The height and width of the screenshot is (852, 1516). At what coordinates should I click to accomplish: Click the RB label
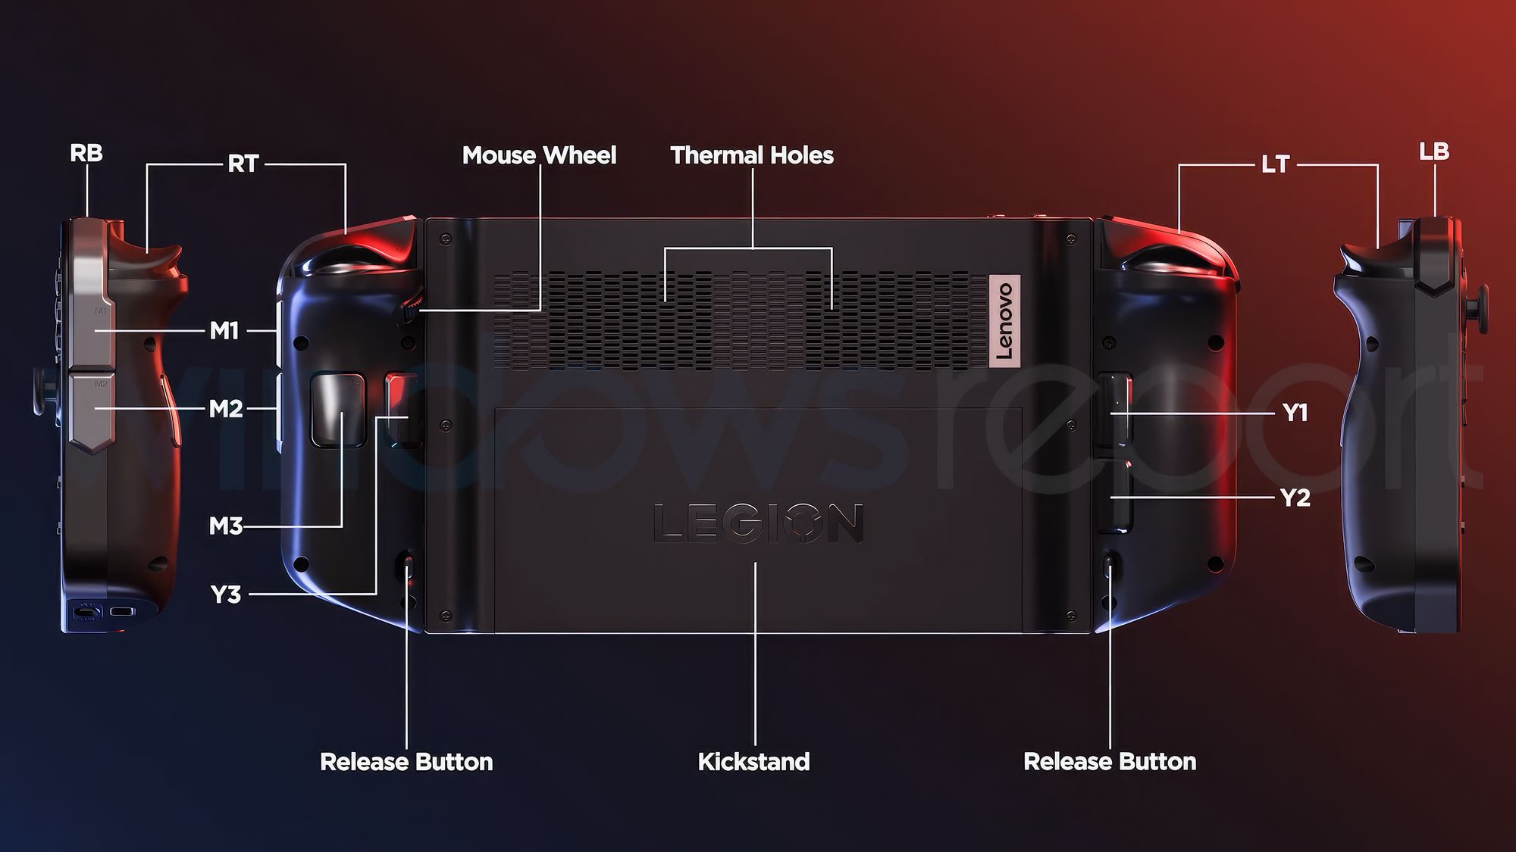click(86, 153)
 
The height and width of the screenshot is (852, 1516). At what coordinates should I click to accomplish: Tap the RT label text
click(243, 164)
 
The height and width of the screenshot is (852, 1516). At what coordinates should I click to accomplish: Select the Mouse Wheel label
click(539, 155)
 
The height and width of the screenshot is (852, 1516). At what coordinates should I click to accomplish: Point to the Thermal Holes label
click(752, 155)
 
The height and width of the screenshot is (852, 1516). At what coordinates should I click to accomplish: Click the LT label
click(1275, 164)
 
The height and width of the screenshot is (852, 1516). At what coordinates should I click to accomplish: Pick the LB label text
click(1433, 151)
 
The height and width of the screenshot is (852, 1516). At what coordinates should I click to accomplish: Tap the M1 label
click(224, 330)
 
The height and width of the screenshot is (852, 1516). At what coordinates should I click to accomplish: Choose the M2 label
click(226, 408)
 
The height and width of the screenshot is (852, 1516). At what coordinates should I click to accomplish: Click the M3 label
click(226, 526)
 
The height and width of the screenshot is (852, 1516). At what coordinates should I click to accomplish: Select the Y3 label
click(225, 595)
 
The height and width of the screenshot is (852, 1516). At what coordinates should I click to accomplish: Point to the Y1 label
click(1295, 413)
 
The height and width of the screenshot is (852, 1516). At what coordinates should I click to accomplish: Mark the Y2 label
click(1295, 498)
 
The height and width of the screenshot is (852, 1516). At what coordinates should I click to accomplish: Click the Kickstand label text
click(753, 761)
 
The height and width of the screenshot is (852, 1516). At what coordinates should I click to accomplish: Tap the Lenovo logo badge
click(1004, 320)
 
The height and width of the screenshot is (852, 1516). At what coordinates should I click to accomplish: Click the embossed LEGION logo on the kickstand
click(758, 523)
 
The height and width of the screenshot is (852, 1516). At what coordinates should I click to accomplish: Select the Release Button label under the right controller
click(1110, 761)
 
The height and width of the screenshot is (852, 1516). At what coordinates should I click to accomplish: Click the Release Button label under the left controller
click(406, 761)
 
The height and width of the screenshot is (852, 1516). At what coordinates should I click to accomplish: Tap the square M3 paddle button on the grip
click(338, 408)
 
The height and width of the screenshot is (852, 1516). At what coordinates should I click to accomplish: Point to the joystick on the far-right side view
click(1477, 310)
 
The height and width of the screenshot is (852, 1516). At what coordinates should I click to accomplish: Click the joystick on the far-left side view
click(45, 392)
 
